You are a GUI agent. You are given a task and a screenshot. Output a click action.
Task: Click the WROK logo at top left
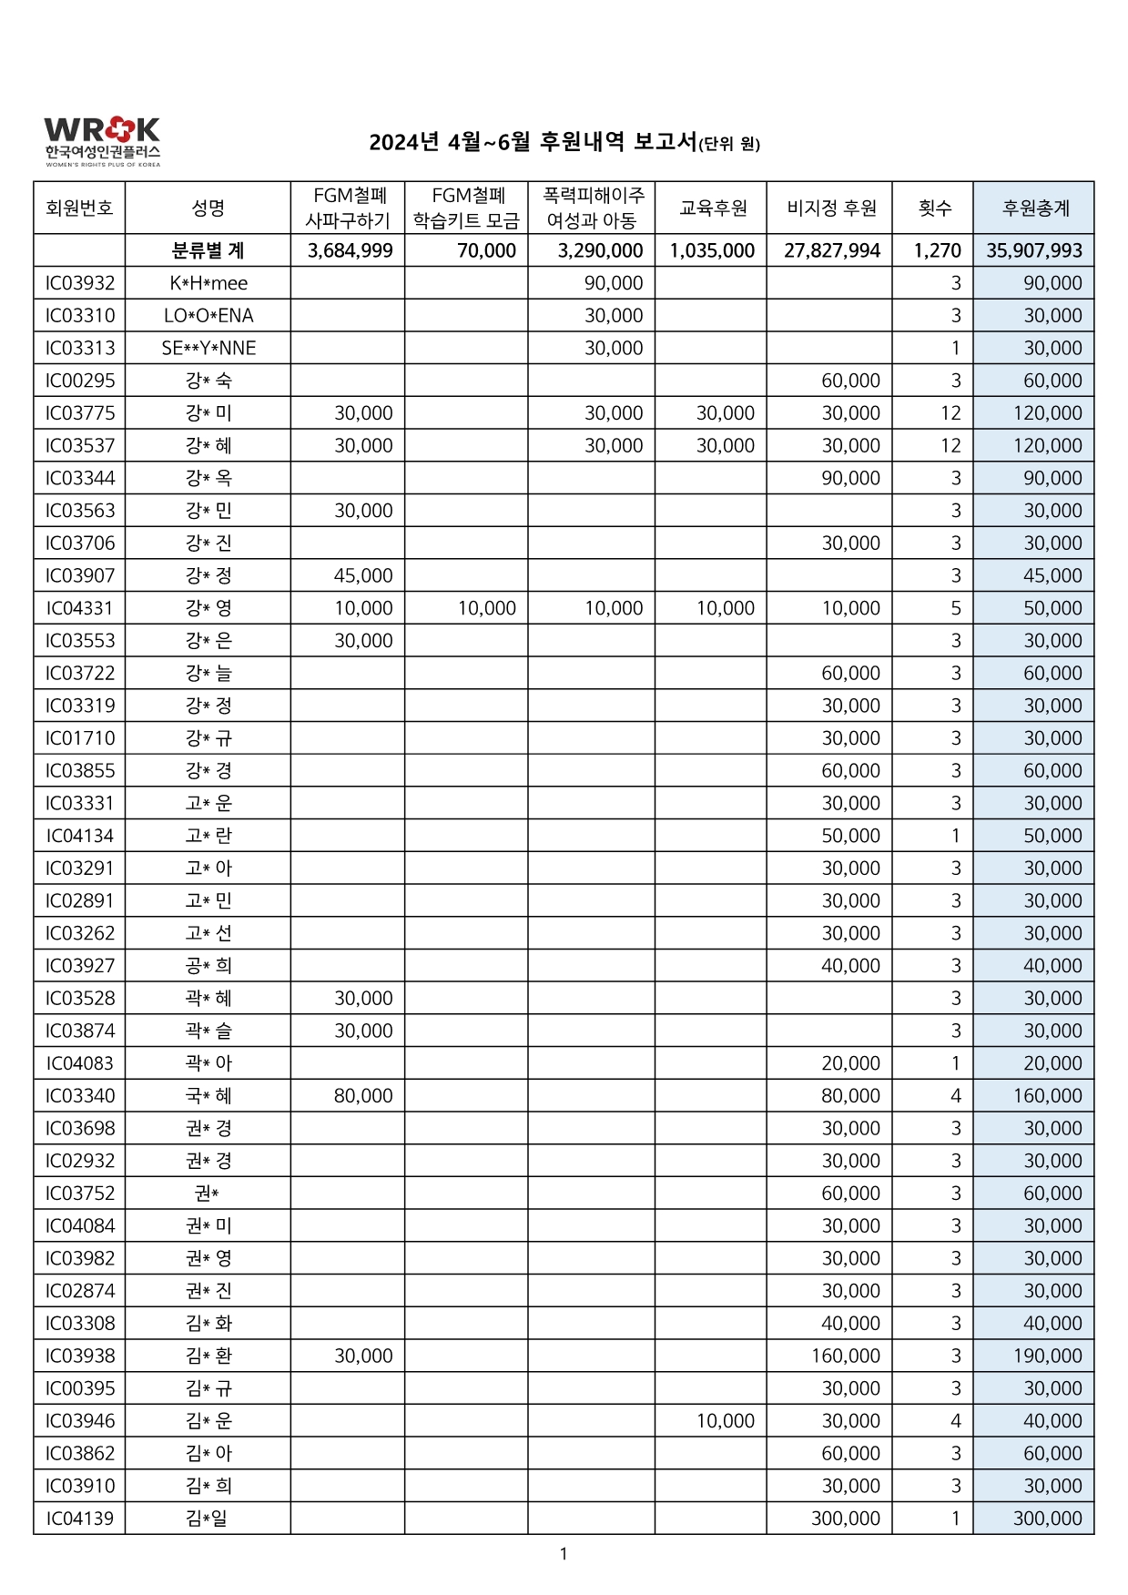point(102,141)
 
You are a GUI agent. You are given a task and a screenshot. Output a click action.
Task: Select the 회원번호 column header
point(79,208)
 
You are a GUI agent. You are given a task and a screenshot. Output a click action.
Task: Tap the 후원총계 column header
point(1034,208)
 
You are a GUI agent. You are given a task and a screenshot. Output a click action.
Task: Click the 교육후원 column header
point(712,208)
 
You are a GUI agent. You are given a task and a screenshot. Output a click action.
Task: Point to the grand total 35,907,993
point(1034,251)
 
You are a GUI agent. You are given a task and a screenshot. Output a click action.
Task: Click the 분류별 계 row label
point(208,251)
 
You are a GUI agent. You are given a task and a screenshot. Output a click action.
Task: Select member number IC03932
point(80,283)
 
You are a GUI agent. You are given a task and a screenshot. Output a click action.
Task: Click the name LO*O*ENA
point(208,316)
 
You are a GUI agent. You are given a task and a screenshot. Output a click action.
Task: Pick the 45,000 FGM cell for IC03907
point(363,575)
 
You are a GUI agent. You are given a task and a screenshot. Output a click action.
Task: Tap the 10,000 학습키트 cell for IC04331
point(486,608)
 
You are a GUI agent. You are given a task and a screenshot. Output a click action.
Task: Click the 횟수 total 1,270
point(937,251)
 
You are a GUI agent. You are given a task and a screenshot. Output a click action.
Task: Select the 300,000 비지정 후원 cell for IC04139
point(846,1519)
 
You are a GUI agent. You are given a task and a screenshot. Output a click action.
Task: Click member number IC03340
point(80,1096)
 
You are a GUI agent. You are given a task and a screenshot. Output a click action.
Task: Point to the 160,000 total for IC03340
point(1047,1096)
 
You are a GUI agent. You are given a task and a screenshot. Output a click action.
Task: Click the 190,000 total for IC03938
point(1047,1356)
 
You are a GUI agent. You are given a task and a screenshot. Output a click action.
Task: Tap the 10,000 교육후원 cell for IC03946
point(725,1421)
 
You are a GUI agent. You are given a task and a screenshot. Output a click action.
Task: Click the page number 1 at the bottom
point(564,1554)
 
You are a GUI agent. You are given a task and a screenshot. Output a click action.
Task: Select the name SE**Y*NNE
point(208,349)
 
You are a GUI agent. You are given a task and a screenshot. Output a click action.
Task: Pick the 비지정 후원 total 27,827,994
point(831,251)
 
